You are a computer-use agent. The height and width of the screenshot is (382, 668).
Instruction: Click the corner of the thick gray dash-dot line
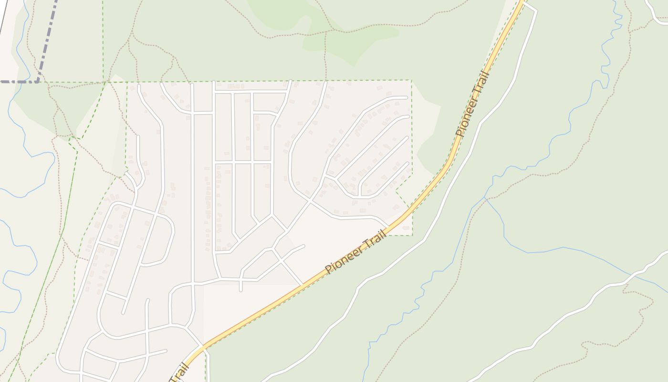(38, 82)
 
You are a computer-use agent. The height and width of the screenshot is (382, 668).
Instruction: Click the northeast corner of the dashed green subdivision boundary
(411, 80)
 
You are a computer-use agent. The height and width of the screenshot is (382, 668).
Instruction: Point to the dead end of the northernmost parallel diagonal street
(407, 97)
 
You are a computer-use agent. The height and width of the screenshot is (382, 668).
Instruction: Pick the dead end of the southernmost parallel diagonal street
(408, 163)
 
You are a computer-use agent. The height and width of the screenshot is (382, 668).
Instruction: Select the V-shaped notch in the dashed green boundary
(397, 191)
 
